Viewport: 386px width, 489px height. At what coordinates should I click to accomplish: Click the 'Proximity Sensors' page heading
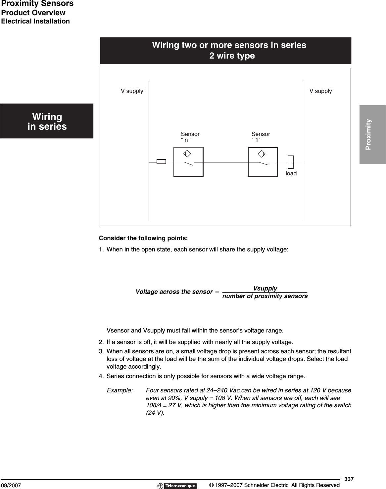[37, 4]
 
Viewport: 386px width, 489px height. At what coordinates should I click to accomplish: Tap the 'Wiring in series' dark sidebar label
[47, 121]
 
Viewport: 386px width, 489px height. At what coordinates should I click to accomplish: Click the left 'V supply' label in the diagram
[132, 91]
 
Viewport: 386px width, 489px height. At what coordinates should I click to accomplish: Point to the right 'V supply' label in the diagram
[320, 91]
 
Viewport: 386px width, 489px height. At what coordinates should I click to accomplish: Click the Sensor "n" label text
[190, 137]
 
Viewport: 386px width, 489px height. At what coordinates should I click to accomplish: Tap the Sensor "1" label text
[261, 137]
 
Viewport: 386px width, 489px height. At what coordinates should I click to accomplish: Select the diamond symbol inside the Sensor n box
[187, 154]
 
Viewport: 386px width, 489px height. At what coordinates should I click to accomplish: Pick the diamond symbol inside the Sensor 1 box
[262, 154]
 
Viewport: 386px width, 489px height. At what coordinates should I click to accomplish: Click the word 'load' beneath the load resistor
[291, 173]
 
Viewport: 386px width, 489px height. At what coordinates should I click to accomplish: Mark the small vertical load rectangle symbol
[290, 162]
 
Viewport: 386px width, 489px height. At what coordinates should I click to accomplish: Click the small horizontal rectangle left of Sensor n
[161, 162]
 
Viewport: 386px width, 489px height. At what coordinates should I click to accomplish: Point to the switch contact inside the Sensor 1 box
[263, 163]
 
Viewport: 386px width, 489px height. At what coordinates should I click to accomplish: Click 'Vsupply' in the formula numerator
[265, 288]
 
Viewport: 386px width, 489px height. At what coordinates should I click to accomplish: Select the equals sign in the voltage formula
[217, 292]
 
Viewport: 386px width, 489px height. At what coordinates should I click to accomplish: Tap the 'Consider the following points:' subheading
[143, 238]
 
